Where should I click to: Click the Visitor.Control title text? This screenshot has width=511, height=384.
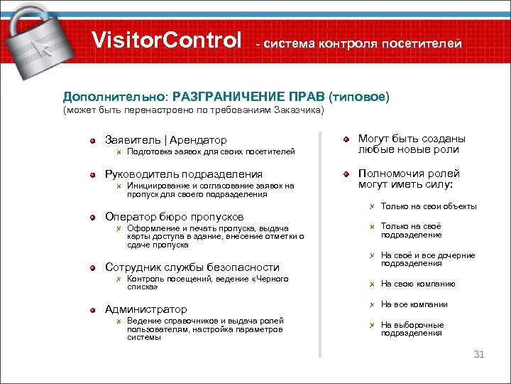click(x=167, y=40)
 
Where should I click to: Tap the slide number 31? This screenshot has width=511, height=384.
click(x=478, y=354)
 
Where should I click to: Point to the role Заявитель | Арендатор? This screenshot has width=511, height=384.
click(x=166, y=140)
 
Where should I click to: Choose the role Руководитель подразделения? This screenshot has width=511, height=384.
click(x=184, y=174)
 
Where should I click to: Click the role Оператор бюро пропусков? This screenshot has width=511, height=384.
click(x=175, y=216)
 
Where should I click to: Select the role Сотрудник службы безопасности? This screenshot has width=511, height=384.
click(x=192, y=267)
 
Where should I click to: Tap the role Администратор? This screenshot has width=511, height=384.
click(x=146, y=309)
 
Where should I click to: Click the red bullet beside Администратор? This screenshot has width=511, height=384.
click(x=92, y=309)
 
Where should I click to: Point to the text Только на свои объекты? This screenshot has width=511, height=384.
click(x=429, y=207)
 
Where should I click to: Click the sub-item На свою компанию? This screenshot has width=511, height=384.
click(x=418, y=284)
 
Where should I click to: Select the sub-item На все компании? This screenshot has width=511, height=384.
click(x=414, y=304)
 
